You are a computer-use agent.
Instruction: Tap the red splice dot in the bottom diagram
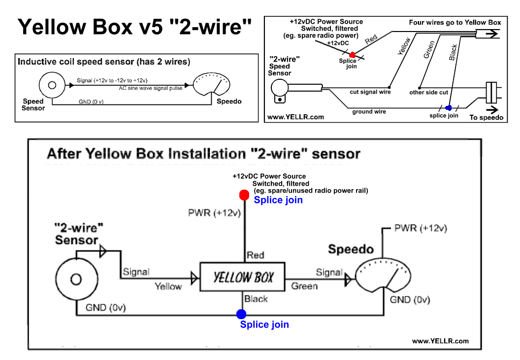243,195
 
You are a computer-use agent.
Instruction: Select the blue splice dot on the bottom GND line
241,314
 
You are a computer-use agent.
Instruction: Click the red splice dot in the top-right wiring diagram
352,56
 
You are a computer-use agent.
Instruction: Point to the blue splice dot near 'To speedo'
448,108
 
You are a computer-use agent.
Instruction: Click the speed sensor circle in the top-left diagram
51,85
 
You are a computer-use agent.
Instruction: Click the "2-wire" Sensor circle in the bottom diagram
75,279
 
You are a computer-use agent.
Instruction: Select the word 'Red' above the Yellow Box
256,255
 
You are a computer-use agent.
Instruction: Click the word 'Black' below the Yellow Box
256,298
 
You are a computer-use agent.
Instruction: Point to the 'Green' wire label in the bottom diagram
304,286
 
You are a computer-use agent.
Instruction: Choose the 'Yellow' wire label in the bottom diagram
168,286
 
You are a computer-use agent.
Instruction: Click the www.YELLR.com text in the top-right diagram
295,117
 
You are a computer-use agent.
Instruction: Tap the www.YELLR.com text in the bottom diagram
440,341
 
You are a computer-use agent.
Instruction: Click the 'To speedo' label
487,118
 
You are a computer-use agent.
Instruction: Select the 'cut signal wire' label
370,92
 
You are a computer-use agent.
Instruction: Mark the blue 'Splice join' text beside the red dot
278,200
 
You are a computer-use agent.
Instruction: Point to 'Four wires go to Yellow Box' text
455,23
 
